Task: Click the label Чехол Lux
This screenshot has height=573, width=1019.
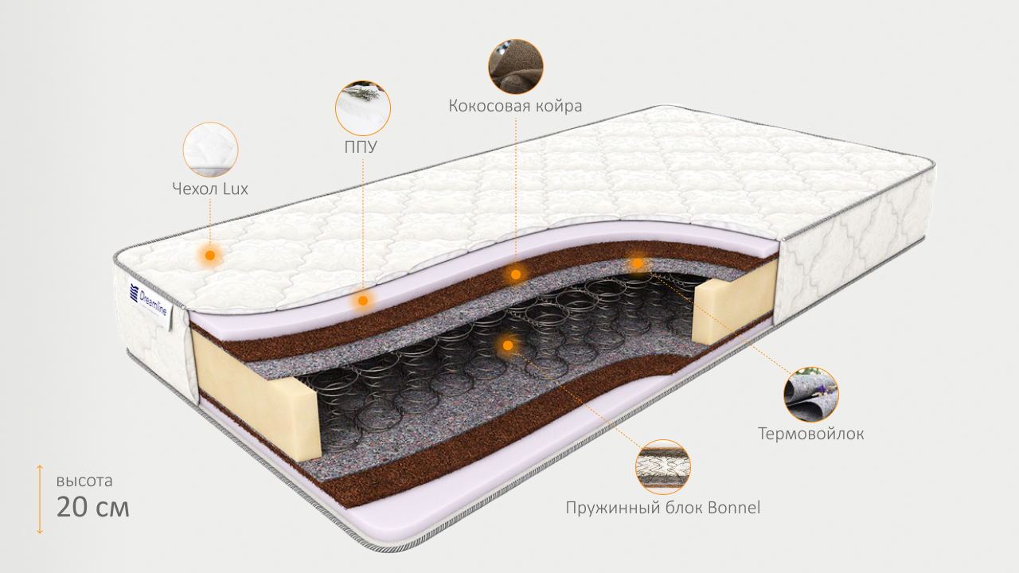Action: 210,189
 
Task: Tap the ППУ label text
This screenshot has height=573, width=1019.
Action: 362,147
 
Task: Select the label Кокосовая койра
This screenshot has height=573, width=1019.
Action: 515,106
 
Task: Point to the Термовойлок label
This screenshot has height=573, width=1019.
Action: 811,434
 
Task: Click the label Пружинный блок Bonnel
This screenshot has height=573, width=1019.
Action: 663,507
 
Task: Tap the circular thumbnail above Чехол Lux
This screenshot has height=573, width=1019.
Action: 210,150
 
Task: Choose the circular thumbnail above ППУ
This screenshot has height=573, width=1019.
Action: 362,107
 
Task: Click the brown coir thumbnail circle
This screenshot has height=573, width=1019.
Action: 515,67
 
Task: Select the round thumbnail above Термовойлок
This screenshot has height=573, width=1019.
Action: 810,395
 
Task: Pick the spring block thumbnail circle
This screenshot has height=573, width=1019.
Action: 663,466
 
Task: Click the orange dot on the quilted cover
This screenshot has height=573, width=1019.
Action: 210,255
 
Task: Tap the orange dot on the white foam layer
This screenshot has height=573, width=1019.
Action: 363,301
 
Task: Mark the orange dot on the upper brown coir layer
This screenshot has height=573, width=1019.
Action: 515,275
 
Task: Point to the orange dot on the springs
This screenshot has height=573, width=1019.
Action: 507,345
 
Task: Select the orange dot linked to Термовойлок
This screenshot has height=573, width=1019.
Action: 637,263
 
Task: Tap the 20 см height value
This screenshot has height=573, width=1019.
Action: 92,506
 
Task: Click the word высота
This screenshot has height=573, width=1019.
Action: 84,481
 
